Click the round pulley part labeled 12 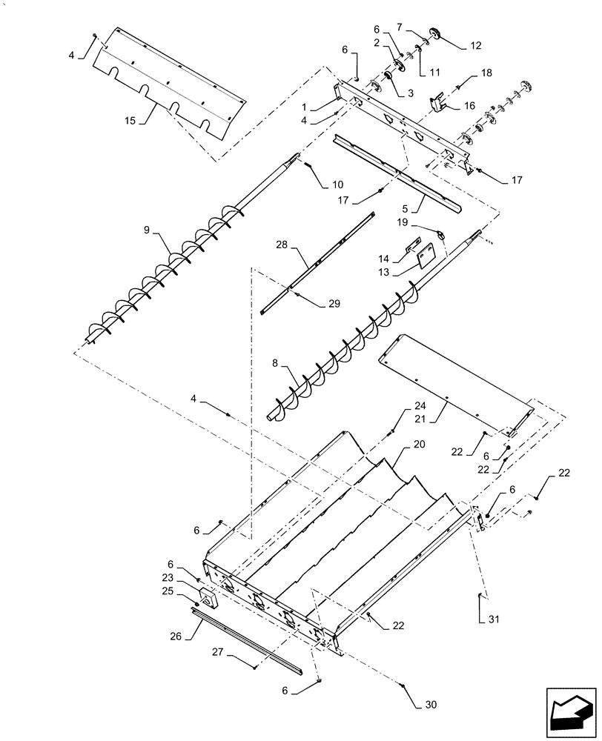[434, 33]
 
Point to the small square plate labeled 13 [426, 256]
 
